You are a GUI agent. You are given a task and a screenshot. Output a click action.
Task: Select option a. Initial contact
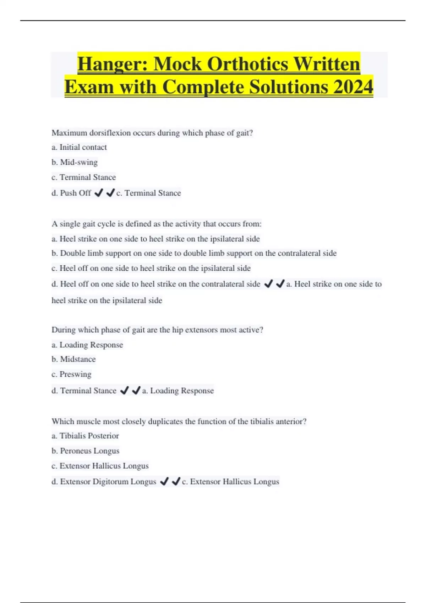pyautogui.click(x=79, y=147)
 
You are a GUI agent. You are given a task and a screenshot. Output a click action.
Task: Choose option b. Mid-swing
pyautogui.click(x=75, y=162)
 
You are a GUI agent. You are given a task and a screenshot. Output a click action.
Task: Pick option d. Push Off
pyautogui.click(x=71, y=193)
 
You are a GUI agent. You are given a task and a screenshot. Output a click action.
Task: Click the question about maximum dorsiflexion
pyautogui.click(x=152, y=133)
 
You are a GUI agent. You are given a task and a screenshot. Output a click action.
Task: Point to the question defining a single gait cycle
pyautogui.click(x=157, y=224)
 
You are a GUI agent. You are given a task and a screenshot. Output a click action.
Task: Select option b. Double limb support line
pyautogui.click(x=194, y=253)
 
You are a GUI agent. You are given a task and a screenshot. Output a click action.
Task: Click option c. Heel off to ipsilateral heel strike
pyautogui.click(x=151, y=268)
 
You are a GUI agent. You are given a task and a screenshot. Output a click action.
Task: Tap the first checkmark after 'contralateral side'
pyautogui.click(x=269, y=284)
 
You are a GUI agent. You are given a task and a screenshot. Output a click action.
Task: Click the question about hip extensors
pyautogui.click(x=157, y=330)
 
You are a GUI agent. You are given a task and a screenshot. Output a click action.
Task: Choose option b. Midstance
pyautogui.click(x=73, y=359)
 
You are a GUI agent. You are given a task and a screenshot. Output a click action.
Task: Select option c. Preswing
pyautogui.click(x=71, y=374)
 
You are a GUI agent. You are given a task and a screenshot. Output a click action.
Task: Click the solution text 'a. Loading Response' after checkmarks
pyautogui.click(x=178, y=391)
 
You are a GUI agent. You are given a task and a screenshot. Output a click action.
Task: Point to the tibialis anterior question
pyautogui.click(x=179, y=421)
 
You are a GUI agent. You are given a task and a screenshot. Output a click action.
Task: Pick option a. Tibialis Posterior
pyautogui.click(x=85, y=436)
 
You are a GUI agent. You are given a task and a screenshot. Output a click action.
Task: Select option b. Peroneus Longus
pyautogui.click(x=85, y=451)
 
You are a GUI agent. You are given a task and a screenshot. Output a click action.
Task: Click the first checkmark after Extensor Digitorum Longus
pyautogui.click(x=164, y=481)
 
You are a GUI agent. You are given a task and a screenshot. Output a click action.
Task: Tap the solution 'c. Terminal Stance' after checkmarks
pyautogui.click(x=149, y=193)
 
